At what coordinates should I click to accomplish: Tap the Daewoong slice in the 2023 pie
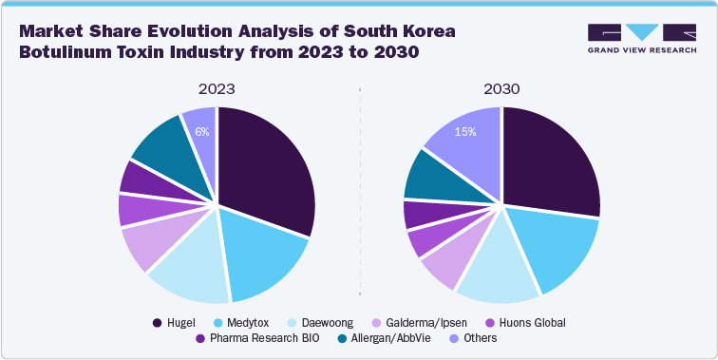click(x=190, y=271)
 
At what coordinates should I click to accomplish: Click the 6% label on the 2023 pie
click(x=201, y=132)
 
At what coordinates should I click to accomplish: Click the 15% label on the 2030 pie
click(x=465, y=132)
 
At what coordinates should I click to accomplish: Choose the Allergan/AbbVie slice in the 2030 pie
click(x=432, y=176)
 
